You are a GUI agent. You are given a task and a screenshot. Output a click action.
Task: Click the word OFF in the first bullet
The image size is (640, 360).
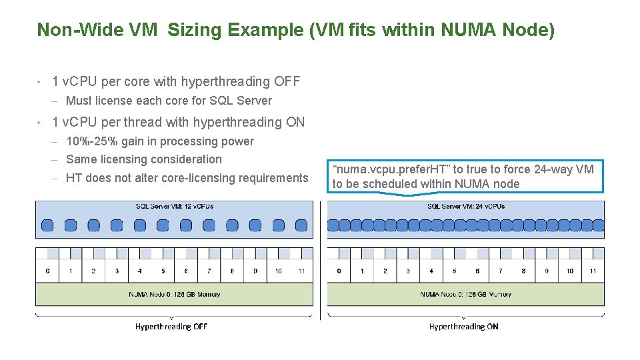point(286,82)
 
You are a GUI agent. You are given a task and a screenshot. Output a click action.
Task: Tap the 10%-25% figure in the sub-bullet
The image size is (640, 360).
point(91,141)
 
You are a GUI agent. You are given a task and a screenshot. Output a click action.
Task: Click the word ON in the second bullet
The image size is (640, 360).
point(294,122)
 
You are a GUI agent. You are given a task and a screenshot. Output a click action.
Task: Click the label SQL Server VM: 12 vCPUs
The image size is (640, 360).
point(174,206)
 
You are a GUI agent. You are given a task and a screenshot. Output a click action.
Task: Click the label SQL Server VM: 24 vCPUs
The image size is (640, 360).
point(465,206)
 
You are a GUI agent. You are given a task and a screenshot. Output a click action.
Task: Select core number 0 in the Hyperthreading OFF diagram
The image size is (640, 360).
point(47,271)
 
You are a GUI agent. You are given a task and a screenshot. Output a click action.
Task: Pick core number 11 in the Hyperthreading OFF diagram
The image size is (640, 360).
point(301,271)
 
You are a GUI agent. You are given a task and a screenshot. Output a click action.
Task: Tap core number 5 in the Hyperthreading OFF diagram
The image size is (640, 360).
point(163,271)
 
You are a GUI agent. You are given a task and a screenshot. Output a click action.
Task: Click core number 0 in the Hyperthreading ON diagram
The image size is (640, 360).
point(339,271)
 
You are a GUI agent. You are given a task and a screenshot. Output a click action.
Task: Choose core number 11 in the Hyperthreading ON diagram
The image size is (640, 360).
point(593,271)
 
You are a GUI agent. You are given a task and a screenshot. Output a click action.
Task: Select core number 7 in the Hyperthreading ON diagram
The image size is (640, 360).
point(501,271)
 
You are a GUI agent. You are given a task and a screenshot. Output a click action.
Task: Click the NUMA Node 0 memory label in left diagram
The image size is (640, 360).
point(174,294)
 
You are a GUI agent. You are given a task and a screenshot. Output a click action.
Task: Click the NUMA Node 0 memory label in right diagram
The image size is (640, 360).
point(465,294)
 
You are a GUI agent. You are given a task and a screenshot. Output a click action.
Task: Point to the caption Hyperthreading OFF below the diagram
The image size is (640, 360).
point(171,327)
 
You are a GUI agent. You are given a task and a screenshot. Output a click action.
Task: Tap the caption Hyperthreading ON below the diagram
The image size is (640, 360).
point(463,327)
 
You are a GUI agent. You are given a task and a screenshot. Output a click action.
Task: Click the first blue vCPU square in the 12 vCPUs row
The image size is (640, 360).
point(47,225)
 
